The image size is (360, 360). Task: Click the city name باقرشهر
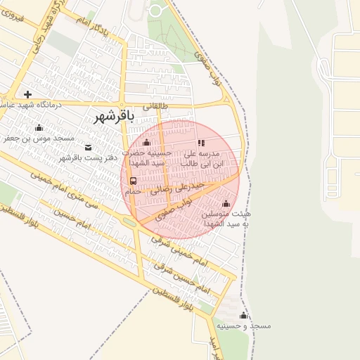113,117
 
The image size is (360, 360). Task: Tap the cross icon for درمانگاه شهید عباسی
27,94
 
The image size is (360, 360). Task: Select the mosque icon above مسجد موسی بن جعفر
39,128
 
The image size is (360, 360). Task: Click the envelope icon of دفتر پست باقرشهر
88,148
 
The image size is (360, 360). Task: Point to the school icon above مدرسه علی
202,143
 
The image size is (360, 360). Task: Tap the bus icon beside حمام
133,180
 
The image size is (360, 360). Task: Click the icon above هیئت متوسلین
225,203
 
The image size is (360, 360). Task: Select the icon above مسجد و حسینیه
243,316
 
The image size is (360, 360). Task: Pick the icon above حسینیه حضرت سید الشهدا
146,143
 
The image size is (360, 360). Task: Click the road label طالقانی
156,107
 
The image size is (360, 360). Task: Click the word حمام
131,191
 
